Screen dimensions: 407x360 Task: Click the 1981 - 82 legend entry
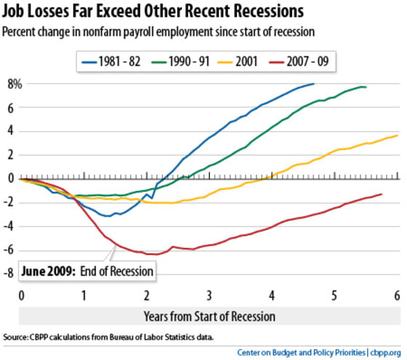coord(110,62)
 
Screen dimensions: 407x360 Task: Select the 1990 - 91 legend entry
coord(180,62)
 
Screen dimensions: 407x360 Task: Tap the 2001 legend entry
coord(237,62)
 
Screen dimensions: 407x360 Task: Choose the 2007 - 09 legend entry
coord(299,62)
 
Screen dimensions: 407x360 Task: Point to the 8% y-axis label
coord(15,84)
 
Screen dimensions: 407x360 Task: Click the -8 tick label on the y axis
coord(8,273)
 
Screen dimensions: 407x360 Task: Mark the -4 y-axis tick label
coord(8,225)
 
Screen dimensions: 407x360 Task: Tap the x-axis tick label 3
coord(209,295)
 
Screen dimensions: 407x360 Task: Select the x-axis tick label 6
coord(397,295)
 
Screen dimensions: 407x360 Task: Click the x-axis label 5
coord(334,295)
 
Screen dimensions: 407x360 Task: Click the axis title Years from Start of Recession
coord(210,316)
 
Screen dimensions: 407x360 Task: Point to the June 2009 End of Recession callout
coord(87,271)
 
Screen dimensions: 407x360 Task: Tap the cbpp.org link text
coord(385,353)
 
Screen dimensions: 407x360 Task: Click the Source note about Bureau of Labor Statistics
coord(108,337)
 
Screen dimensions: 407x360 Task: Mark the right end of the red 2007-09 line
coord(382,194)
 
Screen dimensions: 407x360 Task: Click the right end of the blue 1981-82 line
coord(314,84)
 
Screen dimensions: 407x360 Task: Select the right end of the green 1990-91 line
coord(366,87)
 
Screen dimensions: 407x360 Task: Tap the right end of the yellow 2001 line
coord(398,135)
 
